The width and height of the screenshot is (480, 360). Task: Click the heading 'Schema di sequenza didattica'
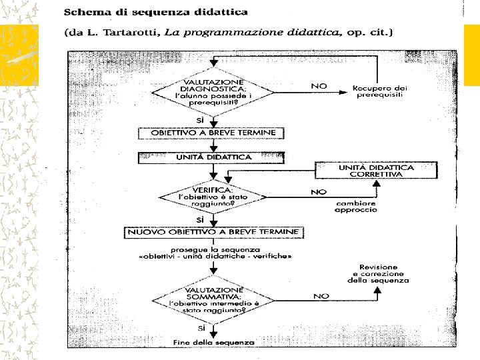click(x=156, y=11)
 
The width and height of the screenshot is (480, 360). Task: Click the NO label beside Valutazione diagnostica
click(x=319, y=85)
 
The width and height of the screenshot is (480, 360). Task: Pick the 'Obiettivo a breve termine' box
click(x=211, y=133)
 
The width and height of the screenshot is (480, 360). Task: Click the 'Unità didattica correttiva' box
click(x=375, y=171)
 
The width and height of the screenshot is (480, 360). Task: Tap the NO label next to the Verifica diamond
click(x=319, y=191)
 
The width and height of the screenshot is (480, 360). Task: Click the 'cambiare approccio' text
click(x=356, y=206)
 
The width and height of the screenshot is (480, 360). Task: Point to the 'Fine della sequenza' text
click(x=213, y=342)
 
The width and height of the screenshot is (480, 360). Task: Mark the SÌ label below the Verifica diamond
click(x=200, y=219)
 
